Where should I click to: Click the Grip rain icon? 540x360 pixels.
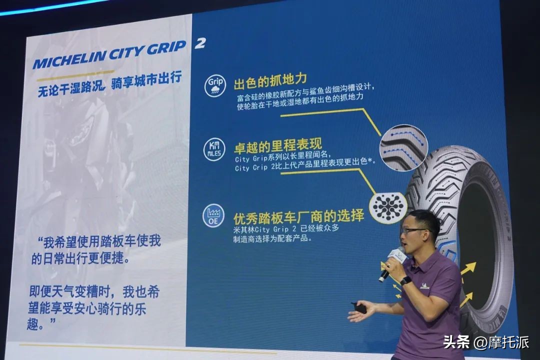tap(215, 86)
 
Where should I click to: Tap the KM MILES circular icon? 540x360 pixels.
tap(215, 149)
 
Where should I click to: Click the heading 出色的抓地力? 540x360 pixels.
tap(270, 80)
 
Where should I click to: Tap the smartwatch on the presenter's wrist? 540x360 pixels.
tap(406, 280)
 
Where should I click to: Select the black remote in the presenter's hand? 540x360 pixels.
tap(359, 307)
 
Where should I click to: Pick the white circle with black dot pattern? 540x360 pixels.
tap(388, 204)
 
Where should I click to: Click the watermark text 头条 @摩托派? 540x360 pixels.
tap(485, 342)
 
